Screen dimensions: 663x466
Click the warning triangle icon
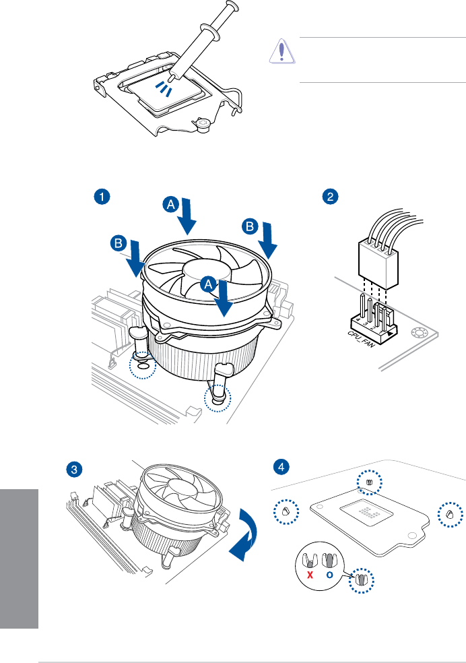(x=281, y=53)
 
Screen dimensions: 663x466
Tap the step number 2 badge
(x=329, y=197)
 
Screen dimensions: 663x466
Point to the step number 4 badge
(x=283, y=466)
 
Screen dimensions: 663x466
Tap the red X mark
(x=312, y=575)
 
